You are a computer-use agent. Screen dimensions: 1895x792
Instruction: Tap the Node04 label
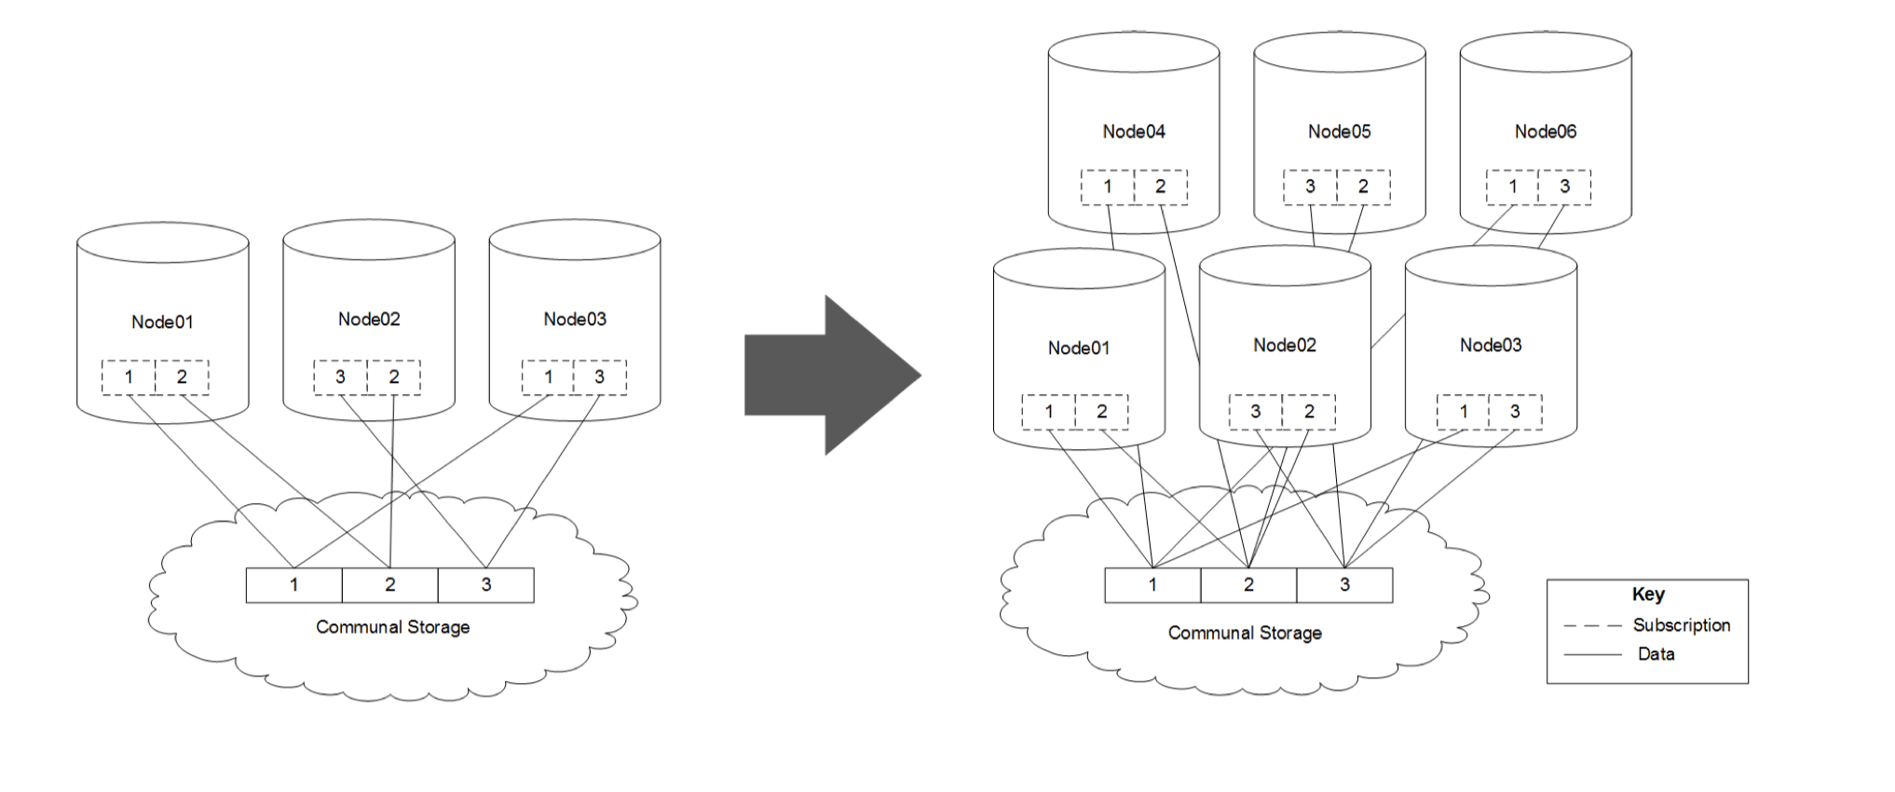1134,131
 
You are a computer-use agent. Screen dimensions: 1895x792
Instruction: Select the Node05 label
1340,131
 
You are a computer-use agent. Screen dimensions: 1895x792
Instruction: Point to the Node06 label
1546,131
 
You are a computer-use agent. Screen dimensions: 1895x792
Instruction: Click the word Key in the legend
1648,594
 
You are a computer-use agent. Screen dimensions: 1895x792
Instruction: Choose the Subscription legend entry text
1682,625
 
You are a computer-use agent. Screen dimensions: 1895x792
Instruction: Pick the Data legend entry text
1656,654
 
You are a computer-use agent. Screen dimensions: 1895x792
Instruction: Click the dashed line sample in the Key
1592,626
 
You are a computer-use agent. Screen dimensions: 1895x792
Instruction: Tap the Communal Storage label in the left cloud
392,627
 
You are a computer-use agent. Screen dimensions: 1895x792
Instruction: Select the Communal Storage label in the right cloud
1245,633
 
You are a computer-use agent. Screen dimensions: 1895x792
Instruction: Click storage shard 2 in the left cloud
389,585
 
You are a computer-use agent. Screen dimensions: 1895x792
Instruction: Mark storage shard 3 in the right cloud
1344,585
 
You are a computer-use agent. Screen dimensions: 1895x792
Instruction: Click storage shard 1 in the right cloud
1152,585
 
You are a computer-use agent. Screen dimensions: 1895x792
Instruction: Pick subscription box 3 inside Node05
1310,186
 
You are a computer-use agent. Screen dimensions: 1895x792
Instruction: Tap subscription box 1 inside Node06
1512,186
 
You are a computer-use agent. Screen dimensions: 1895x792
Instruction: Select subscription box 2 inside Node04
1161,186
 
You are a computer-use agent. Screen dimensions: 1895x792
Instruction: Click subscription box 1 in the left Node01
129,377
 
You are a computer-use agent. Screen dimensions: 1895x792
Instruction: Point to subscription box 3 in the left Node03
600,377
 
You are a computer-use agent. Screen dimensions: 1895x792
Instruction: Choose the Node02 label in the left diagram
369,319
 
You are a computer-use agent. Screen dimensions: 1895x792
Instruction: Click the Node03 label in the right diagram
1491,345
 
